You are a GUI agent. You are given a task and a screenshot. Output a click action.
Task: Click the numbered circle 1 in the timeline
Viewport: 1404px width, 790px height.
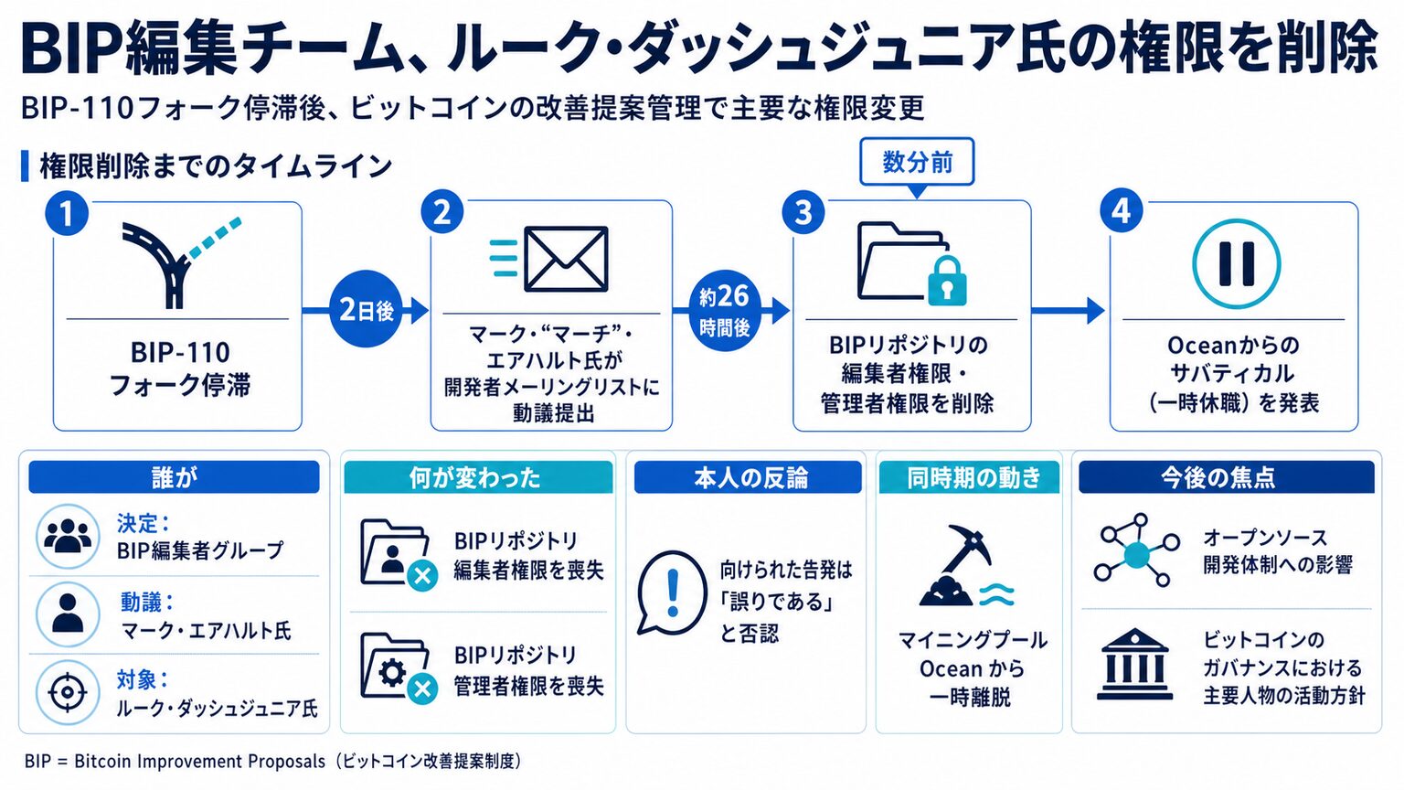67,214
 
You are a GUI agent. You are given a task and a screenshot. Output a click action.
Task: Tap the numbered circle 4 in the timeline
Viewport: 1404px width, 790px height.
1122,210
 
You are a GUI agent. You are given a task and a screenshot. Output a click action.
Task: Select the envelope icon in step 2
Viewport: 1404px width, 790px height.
566,259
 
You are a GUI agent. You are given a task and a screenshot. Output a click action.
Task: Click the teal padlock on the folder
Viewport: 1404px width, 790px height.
946,281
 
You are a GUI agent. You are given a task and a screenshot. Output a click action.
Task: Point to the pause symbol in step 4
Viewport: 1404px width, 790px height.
1236,263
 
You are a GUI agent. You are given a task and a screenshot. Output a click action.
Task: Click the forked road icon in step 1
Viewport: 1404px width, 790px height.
180,262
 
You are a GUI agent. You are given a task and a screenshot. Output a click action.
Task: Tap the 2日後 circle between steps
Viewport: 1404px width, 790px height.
366,309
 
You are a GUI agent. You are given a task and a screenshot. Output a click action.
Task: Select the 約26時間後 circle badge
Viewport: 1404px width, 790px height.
725,310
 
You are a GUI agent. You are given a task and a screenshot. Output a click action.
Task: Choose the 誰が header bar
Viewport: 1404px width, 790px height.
174,477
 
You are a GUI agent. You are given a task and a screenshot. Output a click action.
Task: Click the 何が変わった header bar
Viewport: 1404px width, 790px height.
478,477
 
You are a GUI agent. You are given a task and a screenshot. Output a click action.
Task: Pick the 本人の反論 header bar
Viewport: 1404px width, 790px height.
748,477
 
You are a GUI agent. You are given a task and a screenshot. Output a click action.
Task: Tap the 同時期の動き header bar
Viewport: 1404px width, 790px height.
969,477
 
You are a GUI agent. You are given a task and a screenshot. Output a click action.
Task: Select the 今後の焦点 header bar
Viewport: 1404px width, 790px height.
1226,477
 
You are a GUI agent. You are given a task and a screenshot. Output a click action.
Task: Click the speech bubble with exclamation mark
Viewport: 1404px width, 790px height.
671,592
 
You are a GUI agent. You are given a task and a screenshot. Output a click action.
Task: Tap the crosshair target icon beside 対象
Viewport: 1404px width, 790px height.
68,693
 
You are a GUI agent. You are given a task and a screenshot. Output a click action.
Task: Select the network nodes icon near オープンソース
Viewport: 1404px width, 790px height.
1136,550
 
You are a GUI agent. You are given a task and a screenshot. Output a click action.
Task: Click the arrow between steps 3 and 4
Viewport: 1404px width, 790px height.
1068,310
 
